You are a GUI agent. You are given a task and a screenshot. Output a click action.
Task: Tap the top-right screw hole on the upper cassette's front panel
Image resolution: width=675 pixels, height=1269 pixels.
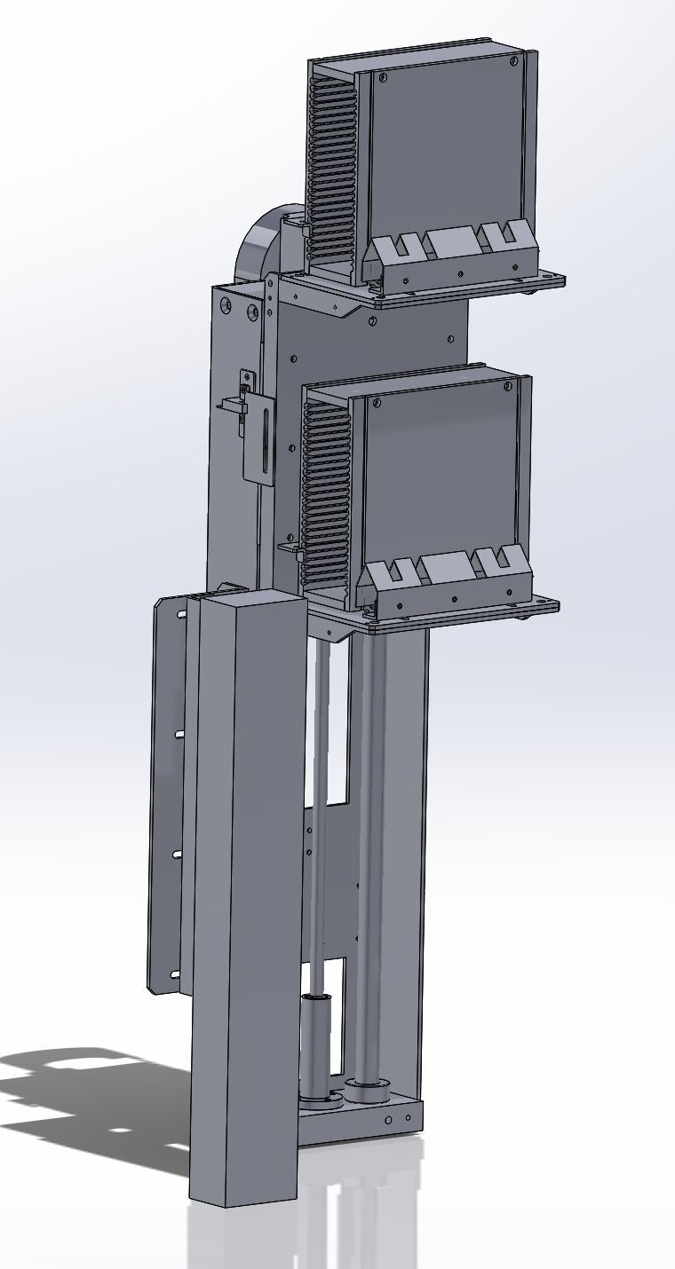coord(514,62)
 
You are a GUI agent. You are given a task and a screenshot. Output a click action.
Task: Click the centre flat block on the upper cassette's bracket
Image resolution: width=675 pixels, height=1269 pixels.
coord(452,240)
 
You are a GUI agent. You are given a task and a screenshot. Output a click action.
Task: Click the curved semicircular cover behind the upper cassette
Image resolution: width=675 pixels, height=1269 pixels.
coord(257,245)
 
